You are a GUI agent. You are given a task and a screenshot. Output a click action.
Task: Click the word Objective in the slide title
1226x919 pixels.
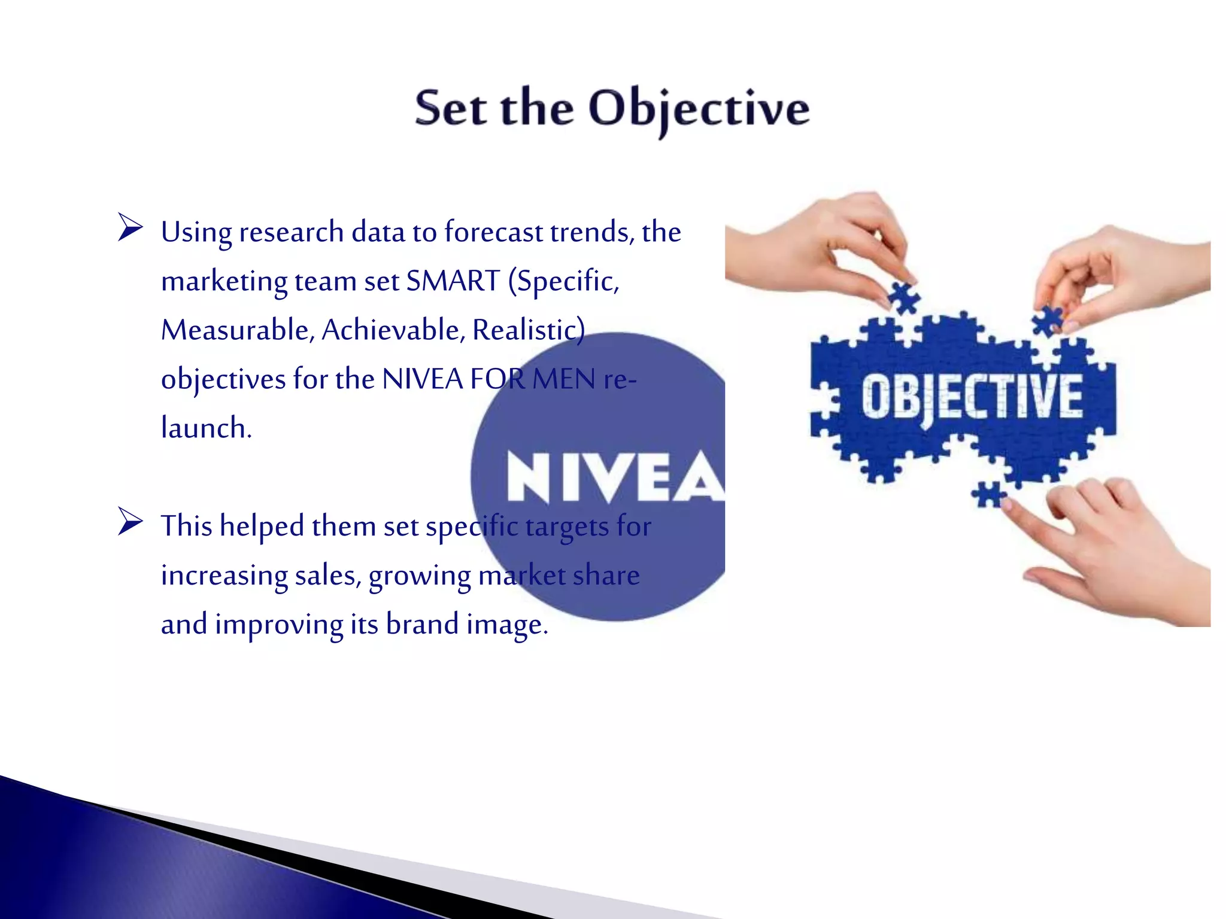699,109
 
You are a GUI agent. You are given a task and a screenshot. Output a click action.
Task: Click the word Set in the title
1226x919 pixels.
451,109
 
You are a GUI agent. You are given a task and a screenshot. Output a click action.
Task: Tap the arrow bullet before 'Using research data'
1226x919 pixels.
130,227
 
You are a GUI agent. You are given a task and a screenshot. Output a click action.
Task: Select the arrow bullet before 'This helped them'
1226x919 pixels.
130,521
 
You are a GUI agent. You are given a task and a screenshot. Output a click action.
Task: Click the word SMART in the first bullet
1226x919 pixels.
453,281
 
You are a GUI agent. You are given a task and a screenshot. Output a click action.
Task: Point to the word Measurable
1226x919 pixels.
237,330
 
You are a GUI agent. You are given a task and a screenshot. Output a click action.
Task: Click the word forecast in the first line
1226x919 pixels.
493,232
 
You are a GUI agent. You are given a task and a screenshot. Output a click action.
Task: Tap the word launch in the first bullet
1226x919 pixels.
205,428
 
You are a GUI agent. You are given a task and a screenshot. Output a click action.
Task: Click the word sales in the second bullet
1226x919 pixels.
327,575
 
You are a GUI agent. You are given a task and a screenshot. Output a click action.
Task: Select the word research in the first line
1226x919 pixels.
291,232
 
